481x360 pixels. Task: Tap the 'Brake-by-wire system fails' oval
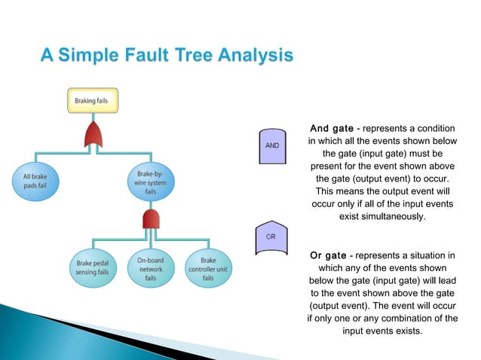click(149, 182)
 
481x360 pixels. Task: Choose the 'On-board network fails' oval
click(150, 267)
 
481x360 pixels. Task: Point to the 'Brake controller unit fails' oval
click(207, 267)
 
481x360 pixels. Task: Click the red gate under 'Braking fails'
click(94, 136)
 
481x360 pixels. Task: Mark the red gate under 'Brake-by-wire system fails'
click(150, 221)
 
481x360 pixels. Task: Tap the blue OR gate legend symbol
click(272, 238)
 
